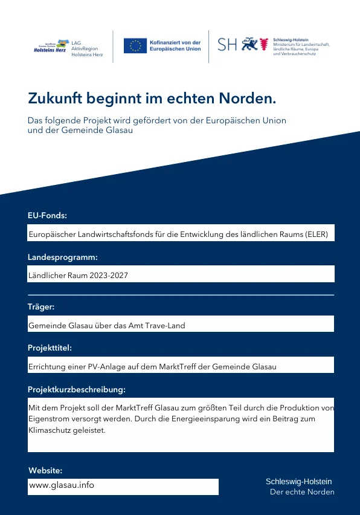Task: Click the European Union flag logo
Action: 135,45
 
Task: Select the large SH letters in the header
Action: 227,45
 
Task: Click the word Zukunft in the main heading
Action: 56,98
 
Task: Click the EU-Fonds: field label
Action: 47,215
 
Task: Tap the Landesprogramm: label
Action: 63,257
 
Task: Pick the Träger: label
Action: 41,306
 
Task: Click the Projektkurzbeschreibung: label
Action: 77,389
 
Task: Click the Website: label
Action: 45,470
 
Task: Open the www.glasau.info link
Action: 62,485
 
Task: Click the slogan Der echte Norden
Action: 301,492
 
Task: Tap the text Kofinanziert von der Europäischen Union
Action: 175,46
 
